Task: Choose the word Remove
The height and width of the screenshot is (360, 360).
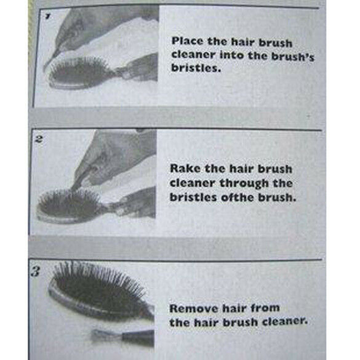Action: point(191,308)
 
